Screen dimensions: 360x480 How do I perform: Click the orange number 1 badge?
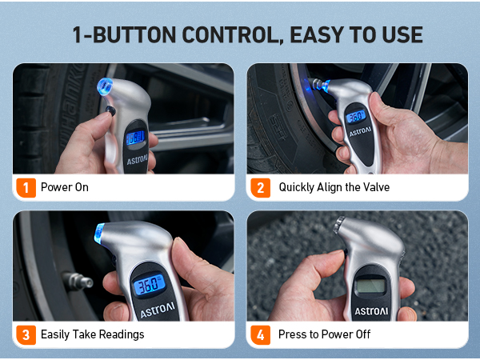pyautogui.click(x=26, y=187)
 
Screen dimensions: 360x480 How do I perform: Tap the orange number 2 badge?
pyautogui.click(x=260, y=187)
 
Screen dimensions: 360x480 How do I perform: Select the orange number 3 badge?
pyautogui.click(x=26, y=334)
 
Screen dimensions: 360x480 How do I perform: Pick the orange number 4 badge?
pyautogui.click(x=260, y=334)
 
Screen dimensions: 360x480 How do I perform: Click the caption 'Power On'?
pyautogui.click(x=64, y=187)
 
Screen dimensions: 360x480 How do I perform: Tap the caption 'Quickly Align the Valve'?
pyautogui.click(x=333, y=187)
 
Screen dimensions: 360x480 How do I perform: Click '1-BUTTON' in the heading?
pyautogui.click(x=118, y=35)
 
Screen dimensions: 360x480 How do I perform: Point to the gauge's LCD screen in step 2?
pyautogui.click(x=357, y=118)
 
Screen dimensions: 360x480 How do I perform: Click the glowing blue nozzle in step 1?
pyautogui.click(x=105, y=85)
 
